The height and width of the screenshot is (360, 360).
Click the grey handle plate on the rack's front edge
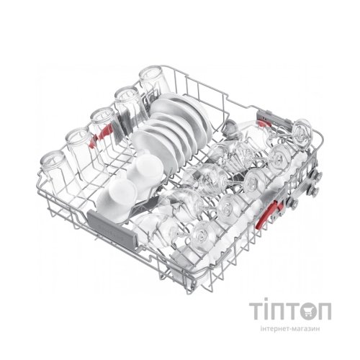pyautogui.click(x=112, y=225)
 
